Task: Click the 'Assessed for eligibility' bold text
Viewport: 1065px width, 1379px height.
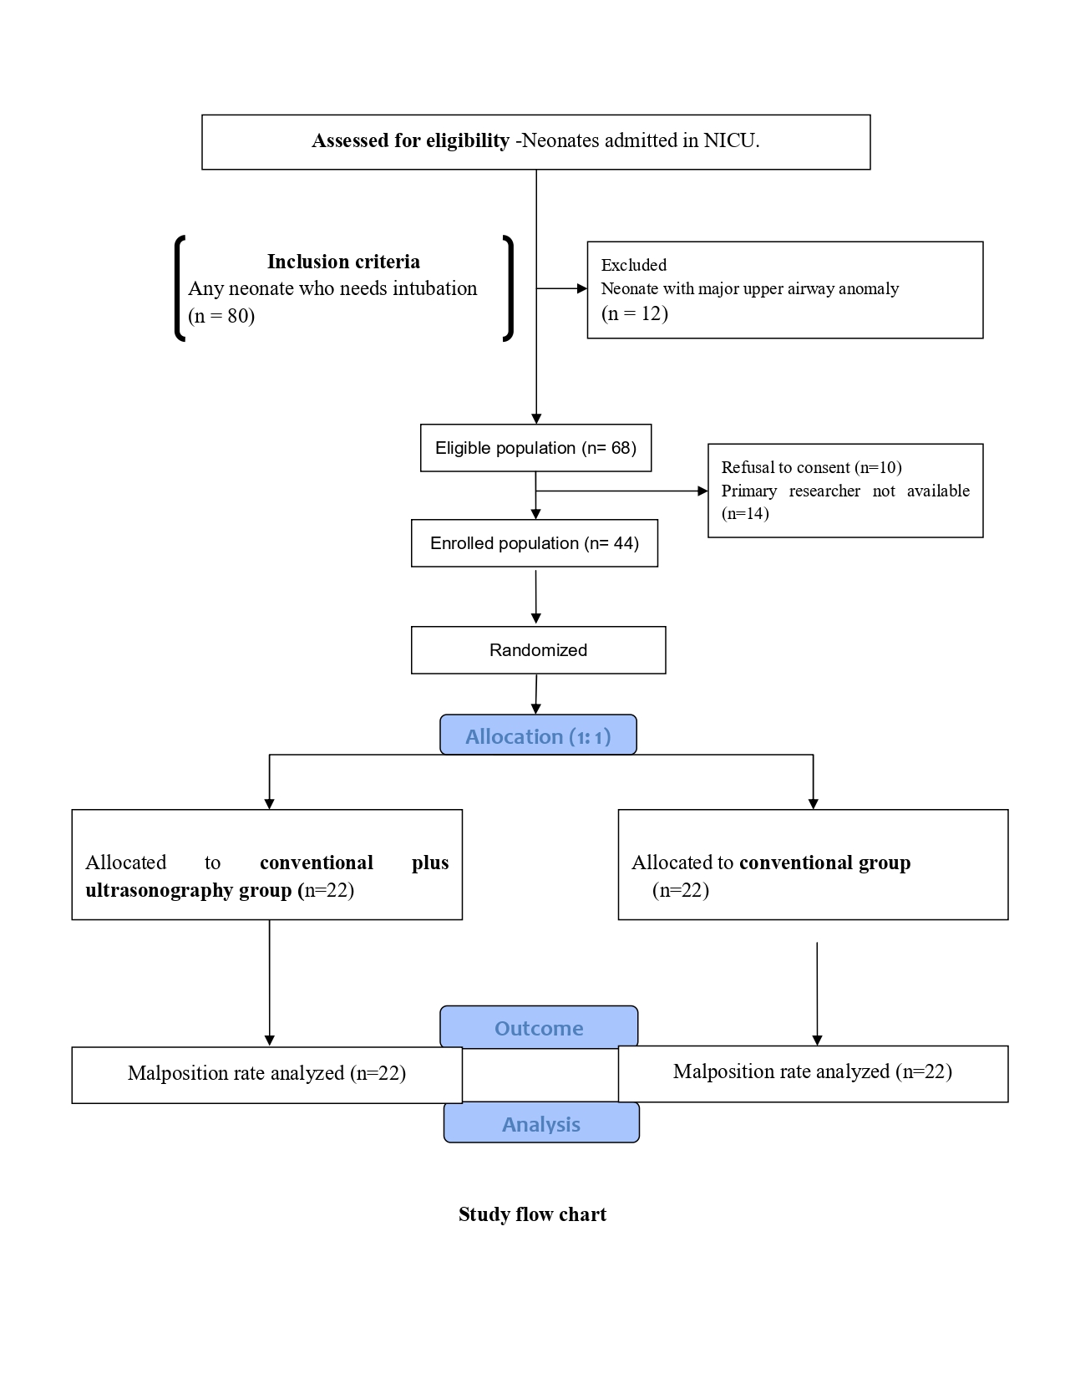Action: click(410, 140)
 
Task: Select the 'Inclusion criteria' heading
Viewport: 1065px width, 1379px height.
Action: click(343, 262)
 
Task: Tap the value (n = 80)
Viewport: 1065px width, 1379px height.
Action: click(221, 315)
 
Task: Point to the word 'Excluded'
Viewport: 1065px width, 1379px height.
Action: click(634, 265)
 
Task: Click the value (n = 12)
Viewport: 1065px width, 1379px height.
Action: click(634, 313)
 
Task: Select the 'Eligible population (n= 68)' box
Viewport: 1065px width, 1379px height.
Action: click(535, 448)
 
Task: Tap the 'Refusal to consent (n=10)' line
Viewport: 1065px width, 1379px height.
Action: click(811, 467)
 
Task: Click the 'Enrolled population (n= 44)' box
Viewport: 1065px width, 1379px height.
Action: click(534, 543)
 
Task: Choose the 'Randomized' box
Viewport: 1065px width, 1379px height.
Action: click(538, 650)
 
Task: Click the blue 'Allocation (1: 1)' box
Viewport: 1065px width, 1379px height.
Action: click(538, 735)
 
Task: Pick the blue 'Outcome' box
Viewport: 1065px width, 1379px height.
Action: click(539, 1026)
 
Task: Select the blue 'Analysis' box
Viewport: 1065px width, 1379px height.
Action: click(541, 1123)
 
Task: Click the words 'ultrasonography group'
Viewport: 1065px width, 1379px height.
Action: click(189, 890)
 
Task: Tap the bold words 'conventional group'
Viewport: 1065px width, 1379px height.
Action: click(824, 863)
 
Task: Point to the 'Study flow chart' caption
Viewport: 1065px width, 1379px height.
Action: click(532, 1214)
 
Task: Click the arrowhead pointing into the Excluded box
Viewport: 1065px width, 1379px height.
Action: click(581, 288)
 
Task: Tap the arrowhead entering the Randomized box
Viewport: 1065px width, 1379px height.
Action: click(536, 618)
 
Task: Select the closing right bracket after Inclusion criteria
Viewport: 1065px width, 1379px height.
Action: click(508, 288)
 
